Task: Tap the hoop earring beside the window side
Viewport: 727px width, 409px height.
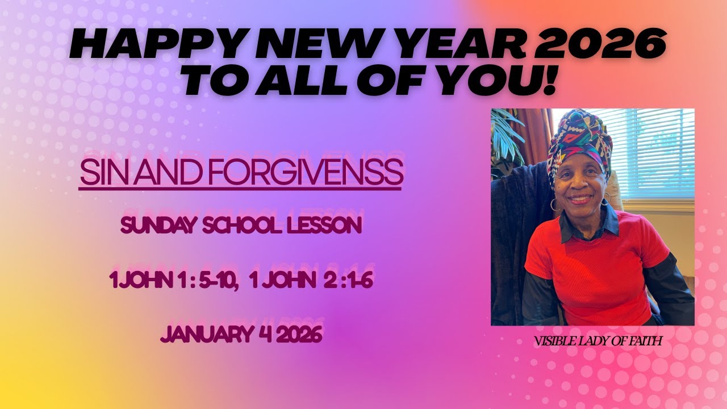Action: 607,200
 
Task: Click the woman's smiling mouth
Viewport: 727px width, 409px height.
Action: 580,199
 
